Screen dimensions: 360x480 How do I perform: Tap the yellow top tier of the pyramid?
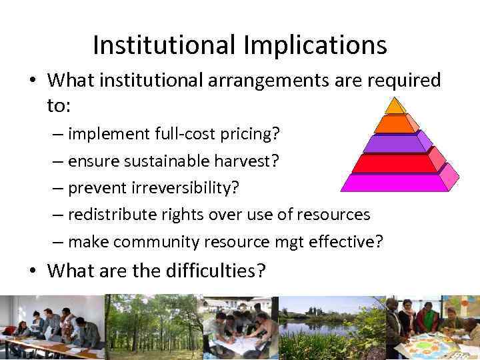pyautogui.click(x=395, y=106)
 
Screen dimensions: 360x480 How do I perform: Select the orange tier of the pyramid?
pyautogui.click(x=395, y=123)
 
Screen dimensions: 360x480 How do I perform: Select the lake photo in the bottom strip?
pyautogui.click(x=331, y=327)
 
